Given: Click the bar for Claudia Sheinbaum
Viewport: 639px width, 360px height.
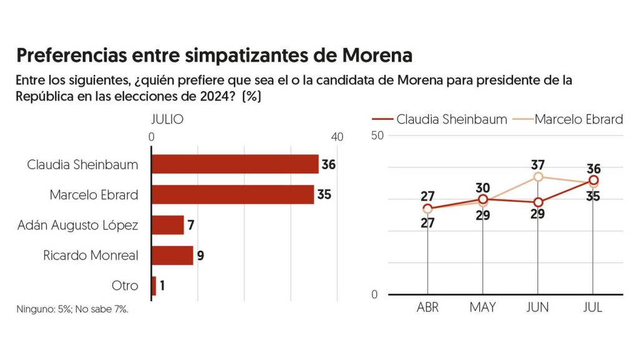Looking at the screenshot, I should (235, 164).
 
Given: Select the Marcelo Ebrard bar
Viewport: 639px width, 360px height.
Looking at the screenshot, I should (232, 194).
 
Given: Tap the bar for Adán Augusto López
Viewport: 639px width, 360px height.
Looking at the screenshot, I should (167, 225).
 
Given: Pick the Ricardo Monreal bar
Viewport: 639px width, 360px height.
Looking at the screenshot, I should (172, 255).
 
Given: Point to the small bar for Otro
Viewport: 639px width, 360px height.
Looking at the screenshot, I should (154, 286).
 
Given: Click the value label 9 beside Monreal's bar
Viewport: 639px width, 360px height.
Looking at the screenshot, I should (201, 255).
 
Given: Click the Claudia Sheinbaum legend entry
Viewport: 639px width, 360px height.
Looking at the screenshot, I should (439, 119).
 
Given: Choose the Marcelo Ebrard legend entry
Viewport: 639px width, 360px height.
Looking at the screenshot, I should (568, 119).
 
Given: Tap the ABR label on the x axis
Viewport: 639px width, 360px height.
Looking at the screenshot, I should (427, 308).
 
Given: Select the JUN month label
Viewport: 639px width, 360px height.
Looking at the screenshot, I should (538, 308).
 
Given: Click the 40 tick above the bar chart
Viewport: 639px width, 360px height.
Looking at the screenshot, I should (337, 137).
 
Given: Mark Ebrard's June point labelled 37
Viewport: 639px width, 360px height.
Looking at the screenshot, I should (538, 177).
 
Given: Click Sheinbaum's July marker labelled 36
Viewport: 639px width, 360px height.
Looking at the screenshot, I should (593, 180).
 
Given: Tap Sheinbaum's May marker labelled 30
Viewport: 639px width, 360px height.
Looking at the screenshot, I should (483, 199).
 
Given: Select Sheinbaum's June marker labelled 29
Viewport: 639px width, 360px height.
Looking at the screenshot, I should (538, 202).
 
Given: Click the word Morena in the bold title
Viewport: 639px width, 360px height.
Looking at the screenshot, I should (378, 56).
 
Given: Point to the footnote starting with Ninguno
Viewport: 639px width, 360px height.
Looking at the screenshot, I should (72, 309).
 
